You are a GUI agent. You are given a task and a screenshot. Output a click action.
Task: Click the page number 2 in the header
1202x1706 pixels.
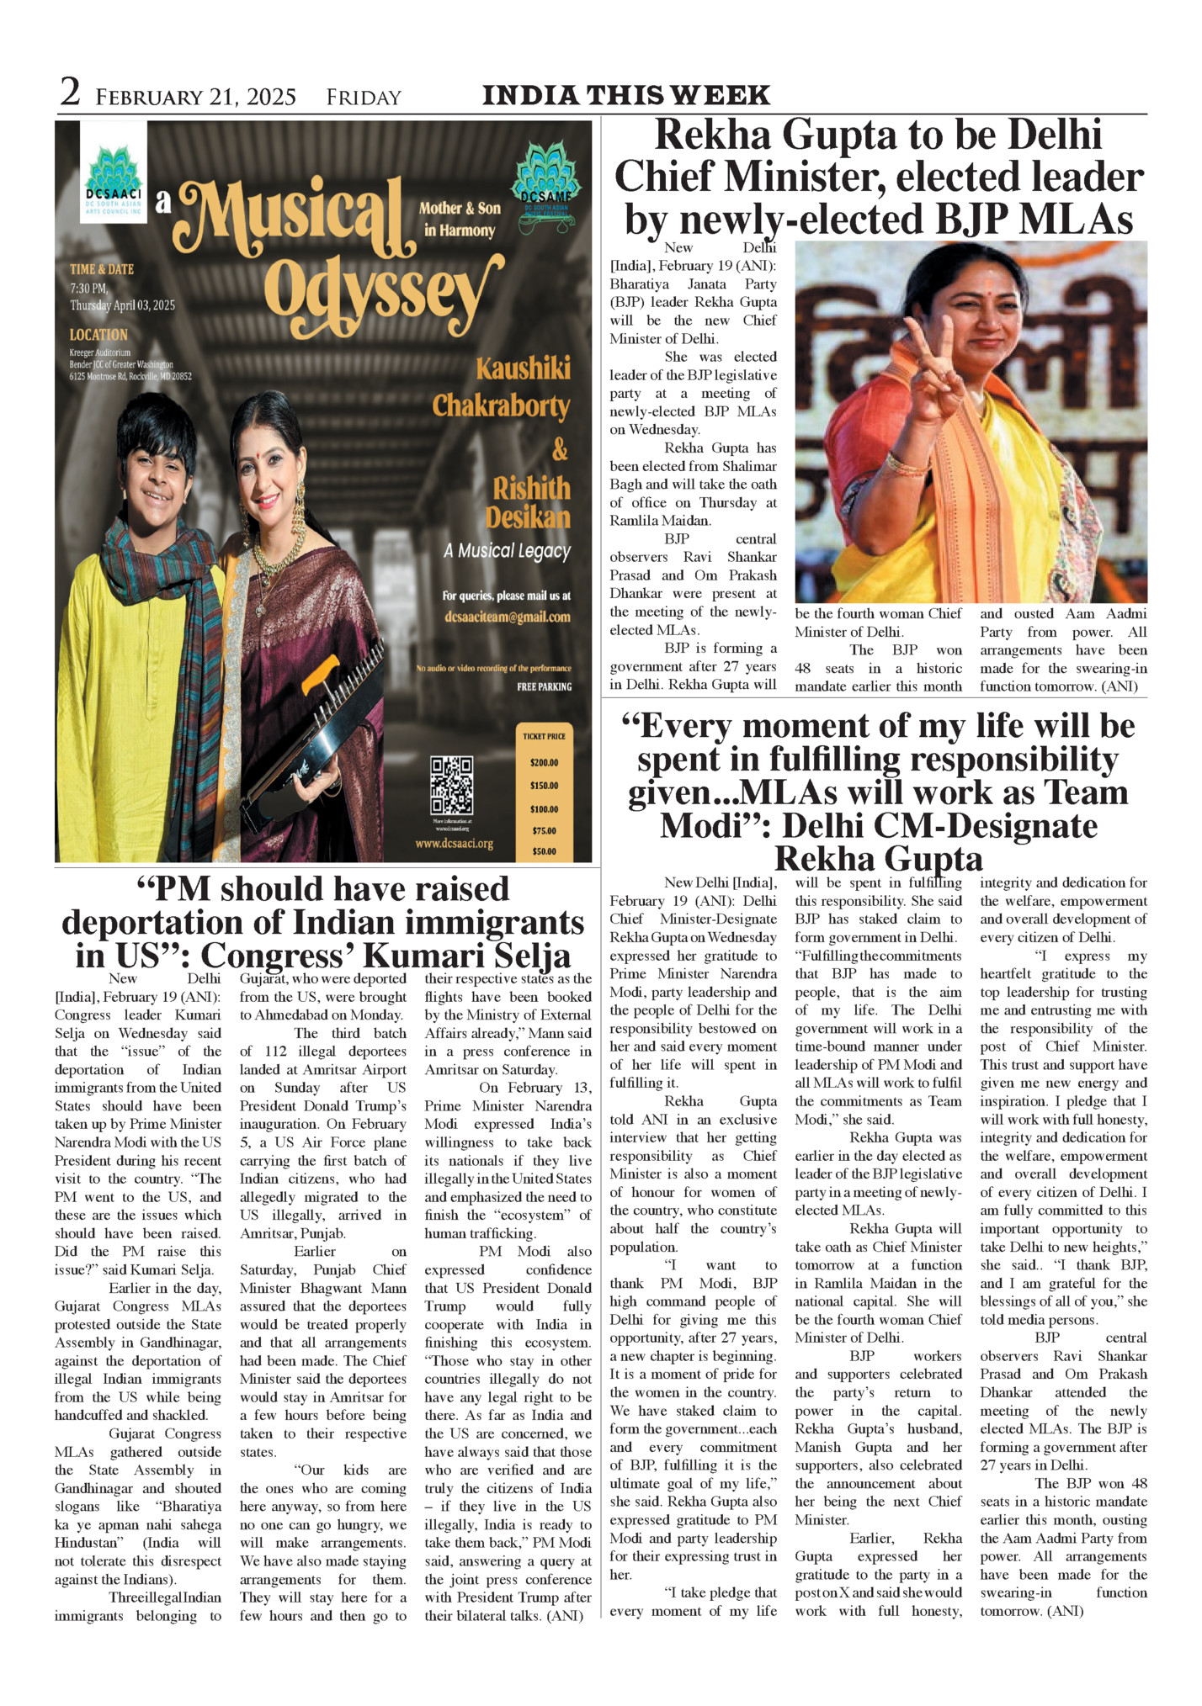pyautogui.click(x=71, y=93)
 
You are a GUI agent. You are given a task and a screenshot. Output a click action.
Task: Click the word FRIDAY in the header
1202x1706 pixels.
pyautogui.click(x=364, y=98)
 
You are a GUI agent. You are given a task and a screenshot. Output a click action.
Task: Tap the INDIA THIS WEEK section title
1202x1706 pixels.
pyautogui.click(x=625, y=95)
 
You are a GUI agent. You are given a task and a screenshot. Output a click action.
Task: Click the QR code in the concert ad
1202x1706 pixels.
pyautogui.click(x=451, y=785)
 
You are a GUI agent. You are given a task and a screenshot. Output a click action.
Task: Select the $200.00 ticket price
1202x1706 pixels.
pyautogui.click(x=544, y=763)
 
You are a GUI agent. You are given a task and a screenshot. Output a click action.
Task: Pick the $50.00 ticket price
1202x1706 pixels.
pyautogui.click(x=544, y=851)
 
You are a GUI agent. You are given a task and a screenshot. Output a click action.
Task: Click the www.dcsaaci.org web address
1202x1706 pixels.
pyautogui.click(x=455, y=843)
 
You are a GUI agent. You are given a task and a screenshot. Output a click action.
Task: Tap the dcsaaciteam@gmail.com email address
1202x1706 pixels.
pyautogui.click(x=507, y=617)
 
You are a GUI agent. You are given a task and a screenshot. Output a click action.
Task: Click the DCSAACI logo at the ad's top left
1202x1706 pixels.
pyautogui.click(x=113, y=172)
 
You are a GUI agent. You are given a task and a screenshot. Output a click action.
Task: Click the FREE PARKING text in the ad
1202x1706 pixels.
pyautogui.click(x=544, y=686)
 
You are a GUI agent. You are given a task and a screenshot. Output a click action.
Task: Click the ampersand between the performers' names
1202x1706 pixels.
pyautogui.click(x=560, y=451)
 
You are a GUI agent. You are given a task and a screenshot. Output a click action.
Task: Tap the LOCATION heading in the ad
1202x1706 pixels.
pyautogui.click(x=98, y=335)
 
